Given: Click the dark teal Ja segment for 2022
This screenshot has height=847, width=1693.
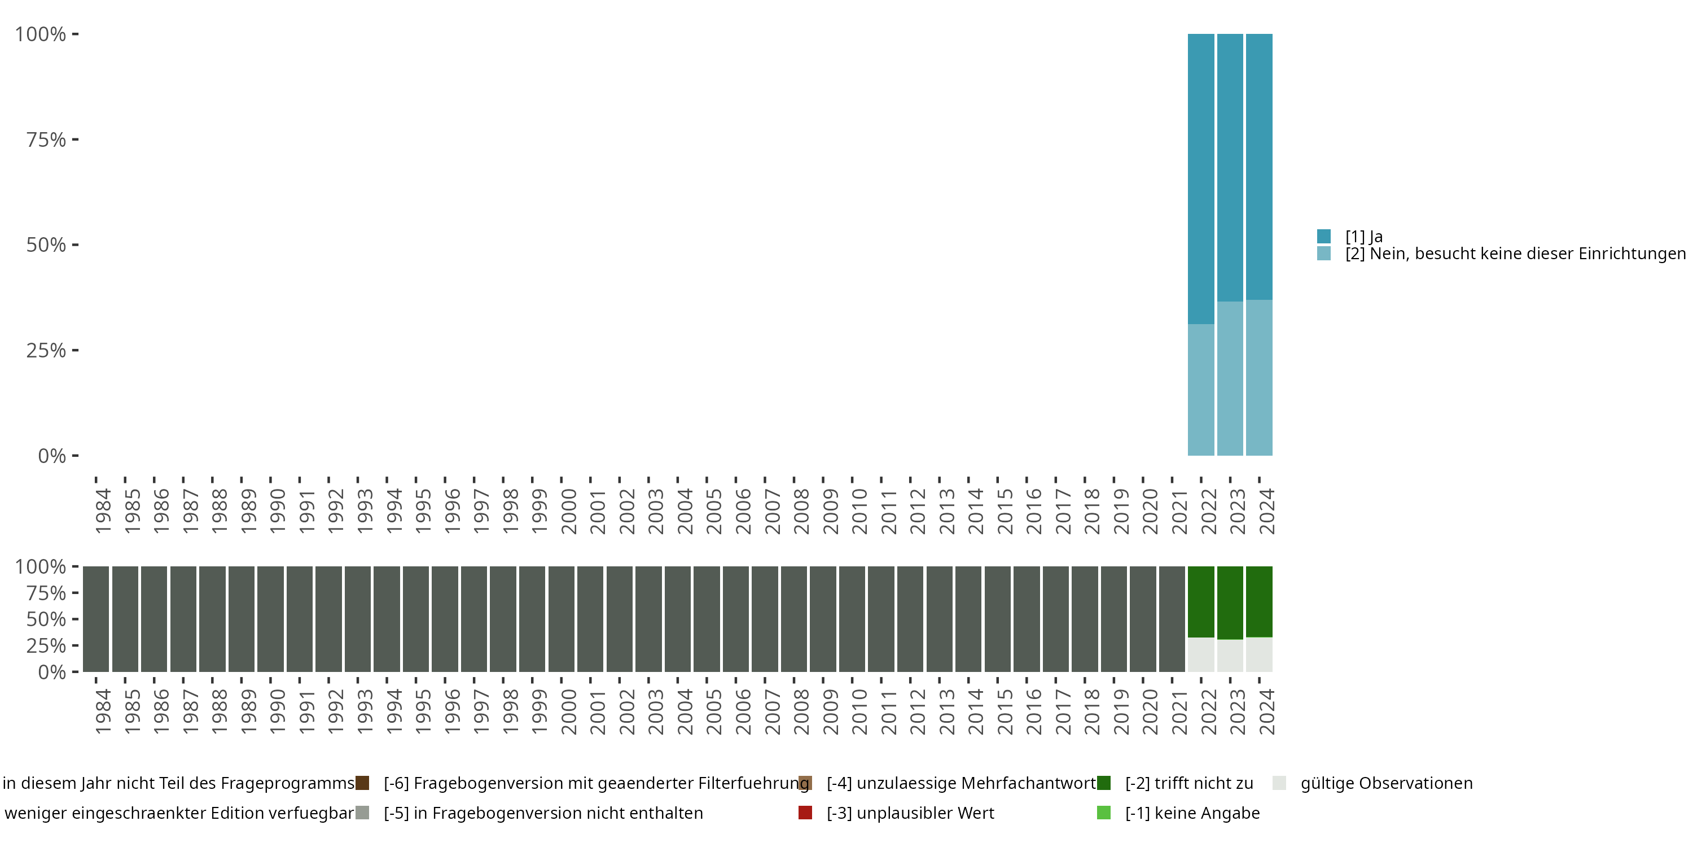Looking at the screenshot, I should coord(1201,177).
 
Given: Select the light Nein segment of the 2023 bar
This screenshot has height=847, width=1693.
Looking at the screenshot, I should coord(1230,378).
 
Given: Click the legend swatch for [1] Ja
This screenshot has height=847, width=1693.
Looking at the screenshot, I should coord(1323,236).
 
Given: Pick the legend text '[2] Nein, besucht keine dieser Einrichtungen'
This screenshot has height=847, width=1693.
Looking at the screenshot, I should coord(1512,254).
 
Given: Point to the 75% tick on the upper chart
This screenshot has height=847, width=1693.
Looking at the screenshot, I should coord(75,139).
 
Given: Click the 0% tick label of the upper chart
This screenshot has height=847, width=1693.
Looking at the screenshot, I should coord(52,456).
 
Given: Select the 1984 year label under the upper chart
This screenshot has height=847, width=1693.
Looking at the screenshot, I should coord(103,511).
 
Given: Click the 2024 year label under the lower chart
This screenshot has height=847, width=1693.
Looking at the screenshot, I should coord(1266,711).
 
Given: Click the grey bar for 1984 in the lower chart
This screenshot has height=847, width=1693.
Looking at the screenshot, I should coord(96,619).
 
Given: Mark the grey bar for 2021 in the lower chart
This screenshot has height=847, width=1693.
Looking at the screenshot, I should coord(1172,619).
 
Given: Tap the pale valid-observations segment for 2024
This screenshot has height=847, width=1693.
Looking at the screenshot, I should coord(1258,654).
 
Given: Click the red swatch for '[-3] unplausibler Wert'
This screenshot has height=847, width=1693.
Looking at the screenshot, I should coord(805,813).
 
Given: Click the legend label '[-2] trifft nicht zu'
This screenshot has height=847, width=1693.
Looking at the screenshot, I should coord(1189,783).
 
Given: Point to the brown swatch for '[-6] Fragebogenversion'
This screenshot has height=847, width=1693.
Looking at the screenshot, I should coord(362,783).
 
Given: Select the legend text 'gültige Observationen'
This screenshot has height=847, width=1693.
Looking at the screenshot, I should coord(1386,783).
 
